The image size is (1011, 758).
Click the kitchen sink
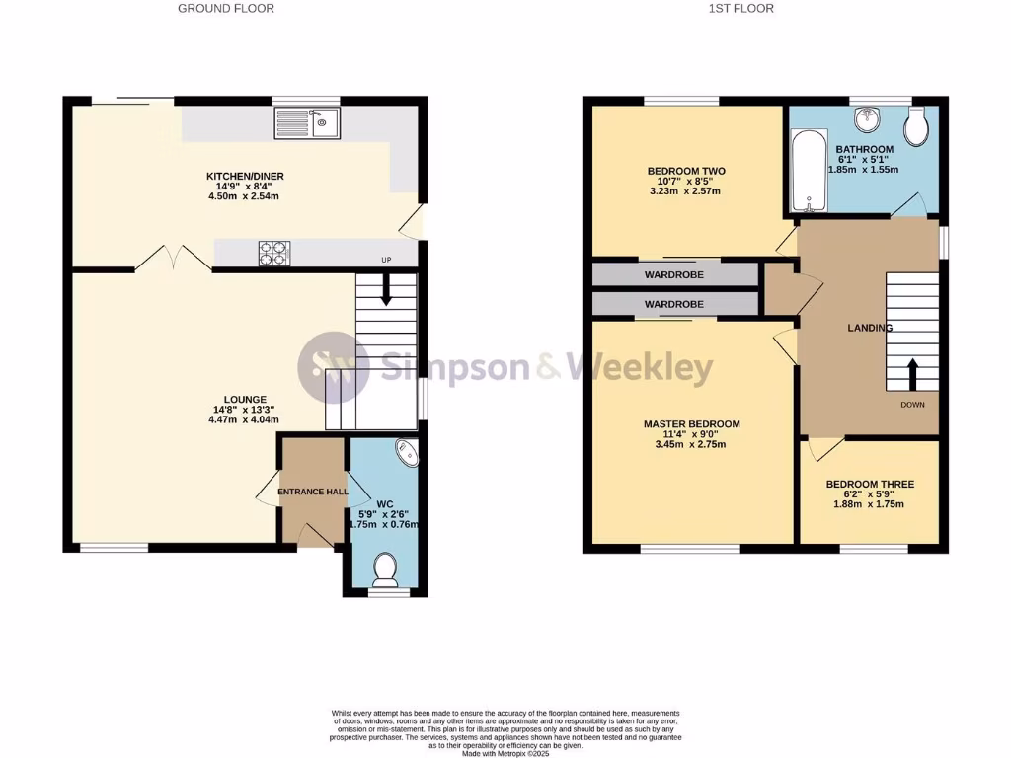coord(307,122)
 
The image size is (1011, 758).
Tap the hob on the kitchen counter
coord(274,254)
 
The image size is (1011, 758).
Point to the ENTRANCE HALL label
coord(313,492)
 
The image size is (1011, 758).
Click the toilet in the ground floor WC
coord(384,569)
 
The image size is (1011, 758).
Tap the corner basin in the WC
coord(408,453)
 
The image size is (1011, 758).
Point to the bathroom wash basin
coord(869,120)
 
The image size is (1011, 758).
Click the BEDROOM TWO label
coord(686,171)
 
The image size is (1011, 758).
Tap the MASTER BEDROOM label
coord(691,424)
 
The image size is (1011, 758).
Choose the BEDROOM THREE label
coord(870,485)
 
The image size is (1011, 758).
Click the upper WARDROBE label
coord(674,274)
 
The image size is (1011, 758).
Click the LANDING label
coord(870,328)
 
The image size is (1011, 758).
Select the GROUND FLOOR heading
coord(226,9)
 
